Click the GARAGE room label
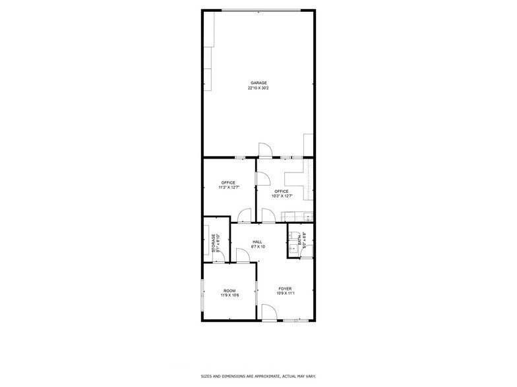(x=258, y=83)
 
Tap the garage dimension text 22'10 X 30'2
(x=258, y=88)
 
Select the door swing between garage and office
(x=264, y=151)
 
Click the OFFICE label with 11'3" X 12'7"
(x=228, y=183)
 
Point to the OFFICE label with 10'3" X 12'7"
(x=282, y=192)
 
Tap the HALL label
(x=258, y=242)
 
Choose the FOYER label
(x=285, y=289)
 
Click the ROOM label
(x=229, y=290)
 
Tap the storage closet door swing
(x=223, y=256)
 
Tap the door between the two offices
(x=260, y=179)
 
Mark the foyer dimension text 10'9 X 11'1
(x=285, y=294)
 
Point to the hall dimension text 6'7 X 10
(x=258, y=247)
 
